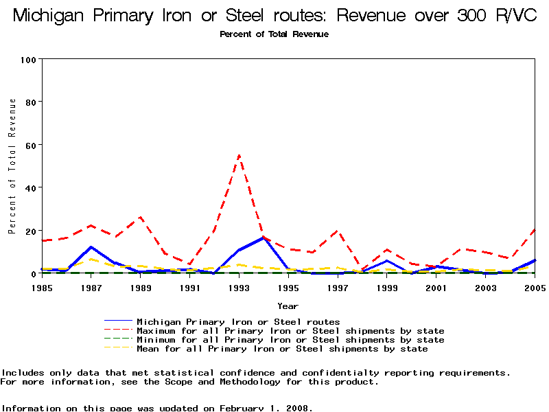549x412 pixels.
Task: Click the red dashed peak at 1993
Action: tap(239, 155)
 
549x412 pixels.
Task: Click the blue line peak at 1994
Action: tap(264, 238)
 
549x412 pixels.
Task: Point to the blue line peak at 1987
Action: tap(91, 247)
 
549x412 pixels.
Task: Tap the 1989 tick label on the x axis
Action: tap(140, 287)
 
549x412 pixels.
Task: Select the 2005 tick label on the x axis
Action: tap(534, 287)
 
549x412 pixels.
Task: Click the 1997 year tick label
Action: tap(337, 287)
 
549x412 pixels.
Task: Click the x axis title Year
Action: tap(288, 306)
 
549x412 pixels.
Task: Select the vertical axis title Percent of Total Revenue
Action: tap(12, 165)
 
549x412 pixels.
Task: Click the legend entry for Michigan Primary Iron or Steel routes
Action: tap(238, 321)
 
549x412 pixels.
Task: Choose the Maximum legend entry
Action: tap(290, 331)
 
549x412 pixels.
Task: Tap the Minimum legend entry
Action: tap(290, 340)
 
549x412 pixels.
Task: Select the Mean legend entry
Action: tap(282, 349)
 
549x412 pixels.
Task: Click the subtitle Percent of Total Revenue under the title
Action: tap(274, 34)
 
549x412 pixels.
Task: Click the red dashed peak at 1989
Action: tap(140, 217)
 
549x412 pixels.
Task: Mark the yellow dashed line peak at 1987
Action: tap(91, 259)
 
